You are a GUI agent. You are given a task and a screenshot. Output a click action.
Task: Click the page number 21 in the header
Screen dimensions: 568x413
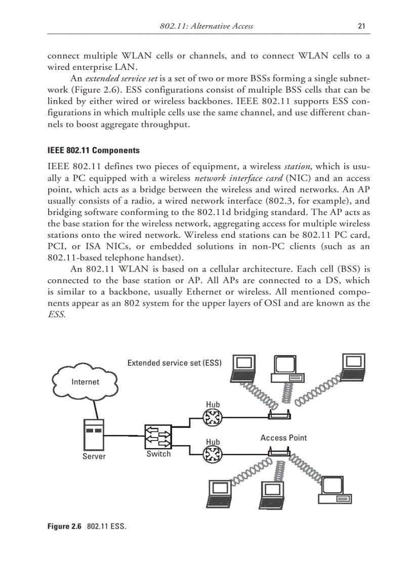pyautogui.click(x=361, y=26)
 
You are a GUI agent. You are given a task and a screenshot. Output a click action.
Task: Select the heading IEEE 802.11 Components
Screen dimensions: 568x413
pyautogui.click(x=93, y=151)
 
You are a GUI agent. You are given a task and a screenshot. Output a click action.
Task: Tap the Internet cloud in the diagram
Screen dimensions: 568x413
pyautogui.click(x=85, y=382)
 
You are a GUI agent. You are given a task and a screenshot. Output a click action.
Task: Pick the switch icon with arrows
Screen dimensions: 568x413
pyautogui.click(x=158, y=435)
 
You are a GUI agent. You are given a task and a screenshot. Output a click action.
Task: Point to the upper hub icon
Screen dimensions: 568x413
pyautogui.click(x=213, y=418)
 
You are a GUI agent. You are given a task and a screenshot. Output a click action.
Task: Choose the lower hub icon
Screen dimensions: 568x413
pyautogui.click(x=213, y=455)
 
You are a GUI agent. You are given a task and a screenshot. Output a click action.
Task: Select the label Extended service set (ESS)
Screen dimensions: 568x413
pyautogui.click(x=175, y=363)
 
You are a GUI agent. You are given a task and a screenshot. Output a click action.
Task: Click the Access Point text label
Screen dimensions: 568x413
pyautogui.click(x=283, y=438)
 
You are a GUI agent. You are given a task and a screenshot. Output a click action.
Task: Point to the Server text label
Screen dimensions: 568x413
pyautogui.click(x=94, y=457)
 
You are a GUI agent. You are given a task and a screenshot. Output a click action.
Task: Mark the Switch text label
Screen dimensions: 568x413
pyautogui.click(x=158, y=454)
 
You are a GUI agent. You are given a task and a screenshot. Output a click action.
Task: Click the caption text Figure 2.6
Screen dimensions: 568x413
pyautogui.click(x=64, y=527)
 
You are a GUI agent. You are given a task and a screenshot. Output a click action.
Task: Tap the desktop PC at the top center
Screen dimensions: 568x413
pyautogui.click(x=288, y=370)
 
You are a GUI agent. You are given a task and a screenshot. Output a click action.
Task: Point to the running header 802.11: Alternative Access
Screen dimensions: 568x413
pyautogui.click(x=206, y=26)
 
